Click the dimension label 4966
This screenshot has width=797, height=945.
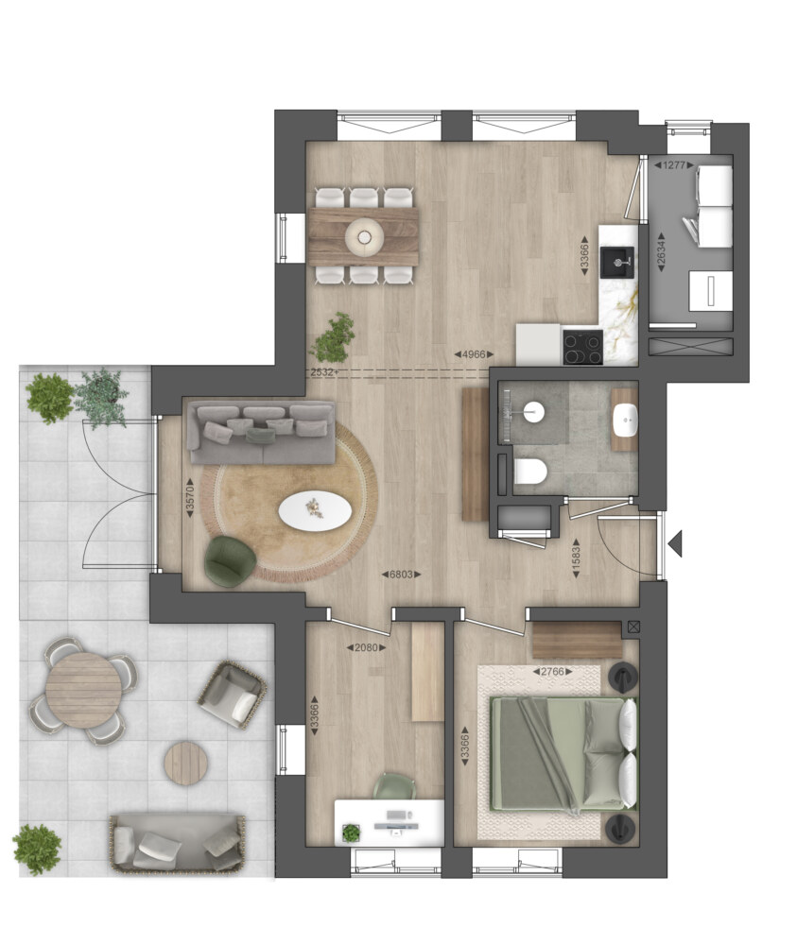(x=474, y=354)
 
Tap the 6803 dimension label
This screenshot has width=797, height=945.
(x=402, y=575)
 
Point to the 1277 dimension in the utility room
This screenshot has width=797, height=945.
(x=674, y=165)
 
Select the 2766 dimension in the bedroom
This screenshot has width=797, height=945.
(x=552, y=671)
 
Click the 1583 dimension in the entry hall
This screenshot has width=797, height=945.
(x=576, y=558)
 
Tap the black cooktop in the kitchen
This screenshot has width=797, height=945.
(x=582, y=348)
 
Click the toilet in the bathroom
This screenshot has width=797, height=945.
(x=530, y=471)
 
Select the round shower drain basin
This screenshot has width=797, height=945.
(x=533, y=413)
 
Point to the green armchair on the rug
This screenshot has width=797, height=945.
(x=230, y=559)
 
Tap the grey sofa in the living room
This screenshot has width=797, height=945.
(x=261, y=432)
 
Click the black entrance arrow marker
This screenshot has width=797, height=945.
(x=676, y=543)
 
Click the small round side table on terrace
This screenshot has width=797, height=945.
(x=185, y=763)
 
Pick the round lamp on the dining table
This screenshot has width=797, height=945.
(x=365, y=235)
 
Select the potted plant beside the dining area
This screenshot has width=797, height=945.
(x=333, y=337)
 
